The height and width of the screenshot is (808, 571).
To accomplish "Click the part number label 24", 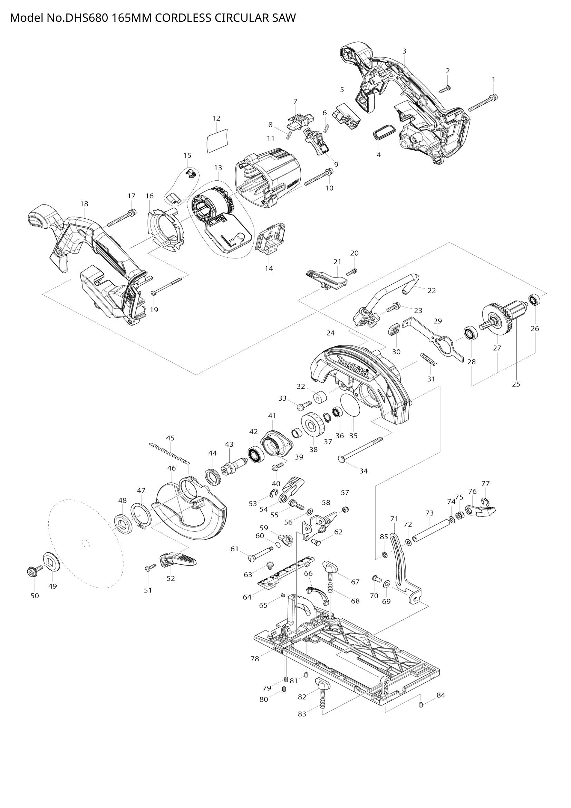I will (330, 333).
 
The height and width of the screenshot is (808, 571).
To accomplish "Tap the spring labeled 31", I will (428, 360).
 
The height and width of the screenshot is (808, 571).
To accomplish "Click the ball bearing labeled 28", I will (471, 333).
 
